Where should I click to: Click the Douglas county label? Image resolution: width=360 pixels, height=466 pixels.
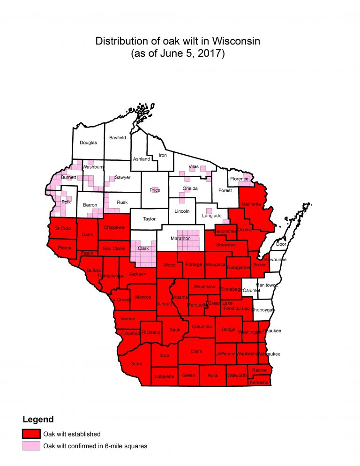88,143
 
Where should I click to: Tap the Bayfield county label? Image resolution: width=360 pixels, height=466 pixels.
117,138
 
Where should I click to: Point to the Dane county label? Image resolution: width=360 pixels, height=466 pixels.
197,351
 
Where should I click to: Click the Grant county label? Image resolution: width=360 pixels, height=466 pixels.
136,363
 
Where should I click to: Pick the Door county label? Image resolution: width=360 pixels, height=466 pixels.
281,244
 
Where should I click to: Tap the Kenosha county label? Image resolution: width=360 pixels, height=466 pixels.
259,383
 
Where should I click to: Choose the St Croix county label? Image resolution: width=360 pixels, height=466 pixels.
63,228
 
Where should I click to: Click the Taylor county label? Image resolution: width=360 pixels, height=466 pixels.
149,218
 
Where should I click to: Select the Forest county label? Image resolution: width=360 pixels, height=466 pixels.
225,190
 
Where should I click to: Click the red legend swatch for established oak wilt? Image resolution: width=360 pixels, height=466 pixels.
31,434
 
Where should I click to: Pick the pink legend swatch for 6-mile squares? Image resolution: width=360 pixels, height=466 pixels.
31,446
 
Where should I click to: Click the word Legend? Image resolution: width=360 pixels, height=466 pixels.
38,419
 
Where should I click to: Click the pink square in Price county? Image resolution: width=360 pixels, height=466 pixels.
155,190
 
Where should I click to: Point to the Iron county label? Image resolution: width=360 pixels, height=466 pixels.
163,155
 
